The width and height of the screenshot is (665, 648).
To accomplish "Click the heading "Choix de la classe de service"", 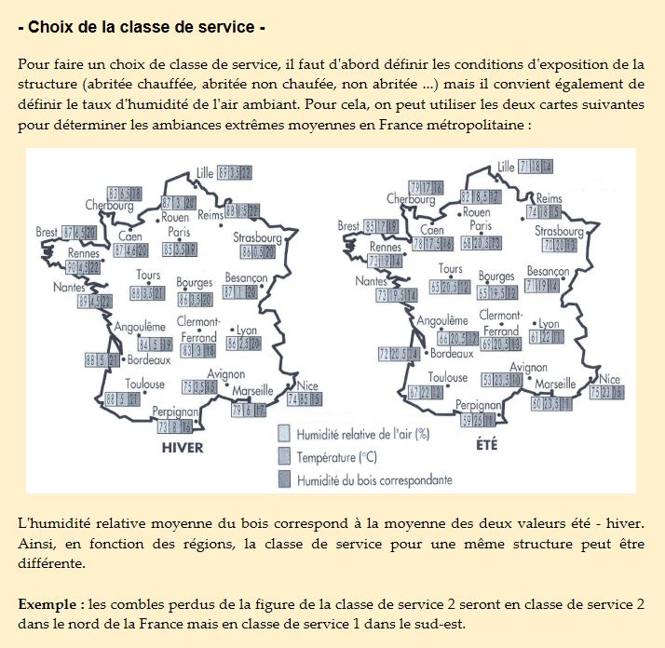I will coord(142,27).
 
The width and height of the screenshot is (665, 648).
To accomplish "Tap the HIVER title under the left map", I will coord(183,447).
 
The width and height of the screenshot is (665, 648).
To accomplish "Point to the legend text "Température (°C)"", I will coord(338,457).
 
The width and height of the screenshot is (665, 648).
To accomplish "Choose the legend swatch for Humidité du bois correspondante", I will coord(286,479).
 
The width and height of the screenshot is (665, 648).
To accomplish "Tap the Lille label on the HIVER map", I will coord(205,172).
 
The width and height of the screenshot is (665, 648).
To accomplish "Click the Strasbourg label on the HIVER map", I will coord(260,236).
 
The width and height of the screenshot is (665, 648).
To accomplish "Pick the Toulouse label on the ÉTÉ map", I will coord(448,378).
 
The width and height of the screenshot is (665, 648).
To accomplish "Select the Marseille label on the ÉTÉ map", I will coord(557,384).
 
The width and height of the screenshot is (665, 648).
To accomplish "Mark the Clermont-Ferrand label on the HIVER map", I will coord(198,330).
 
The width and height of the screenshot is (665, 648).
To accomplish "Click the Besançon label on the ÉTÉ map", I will coord(547,272).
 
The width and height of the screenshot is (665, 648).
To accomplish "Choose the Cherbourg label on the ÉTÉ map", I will coord(411,199).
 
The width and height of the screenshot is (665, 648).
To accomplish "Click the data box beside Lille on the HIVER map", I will coord(236,172).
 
